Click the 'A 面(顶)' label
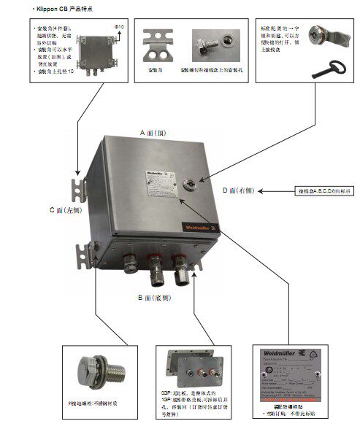click(x=156, y=133)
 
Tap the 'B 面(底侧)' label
click(x=158, y=298)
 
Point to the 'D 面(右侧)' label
click(x=242, y=190)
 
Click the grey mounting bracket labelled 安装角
click(x=161, y=46)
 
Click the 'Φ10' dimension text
click(x=120, y=27)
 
